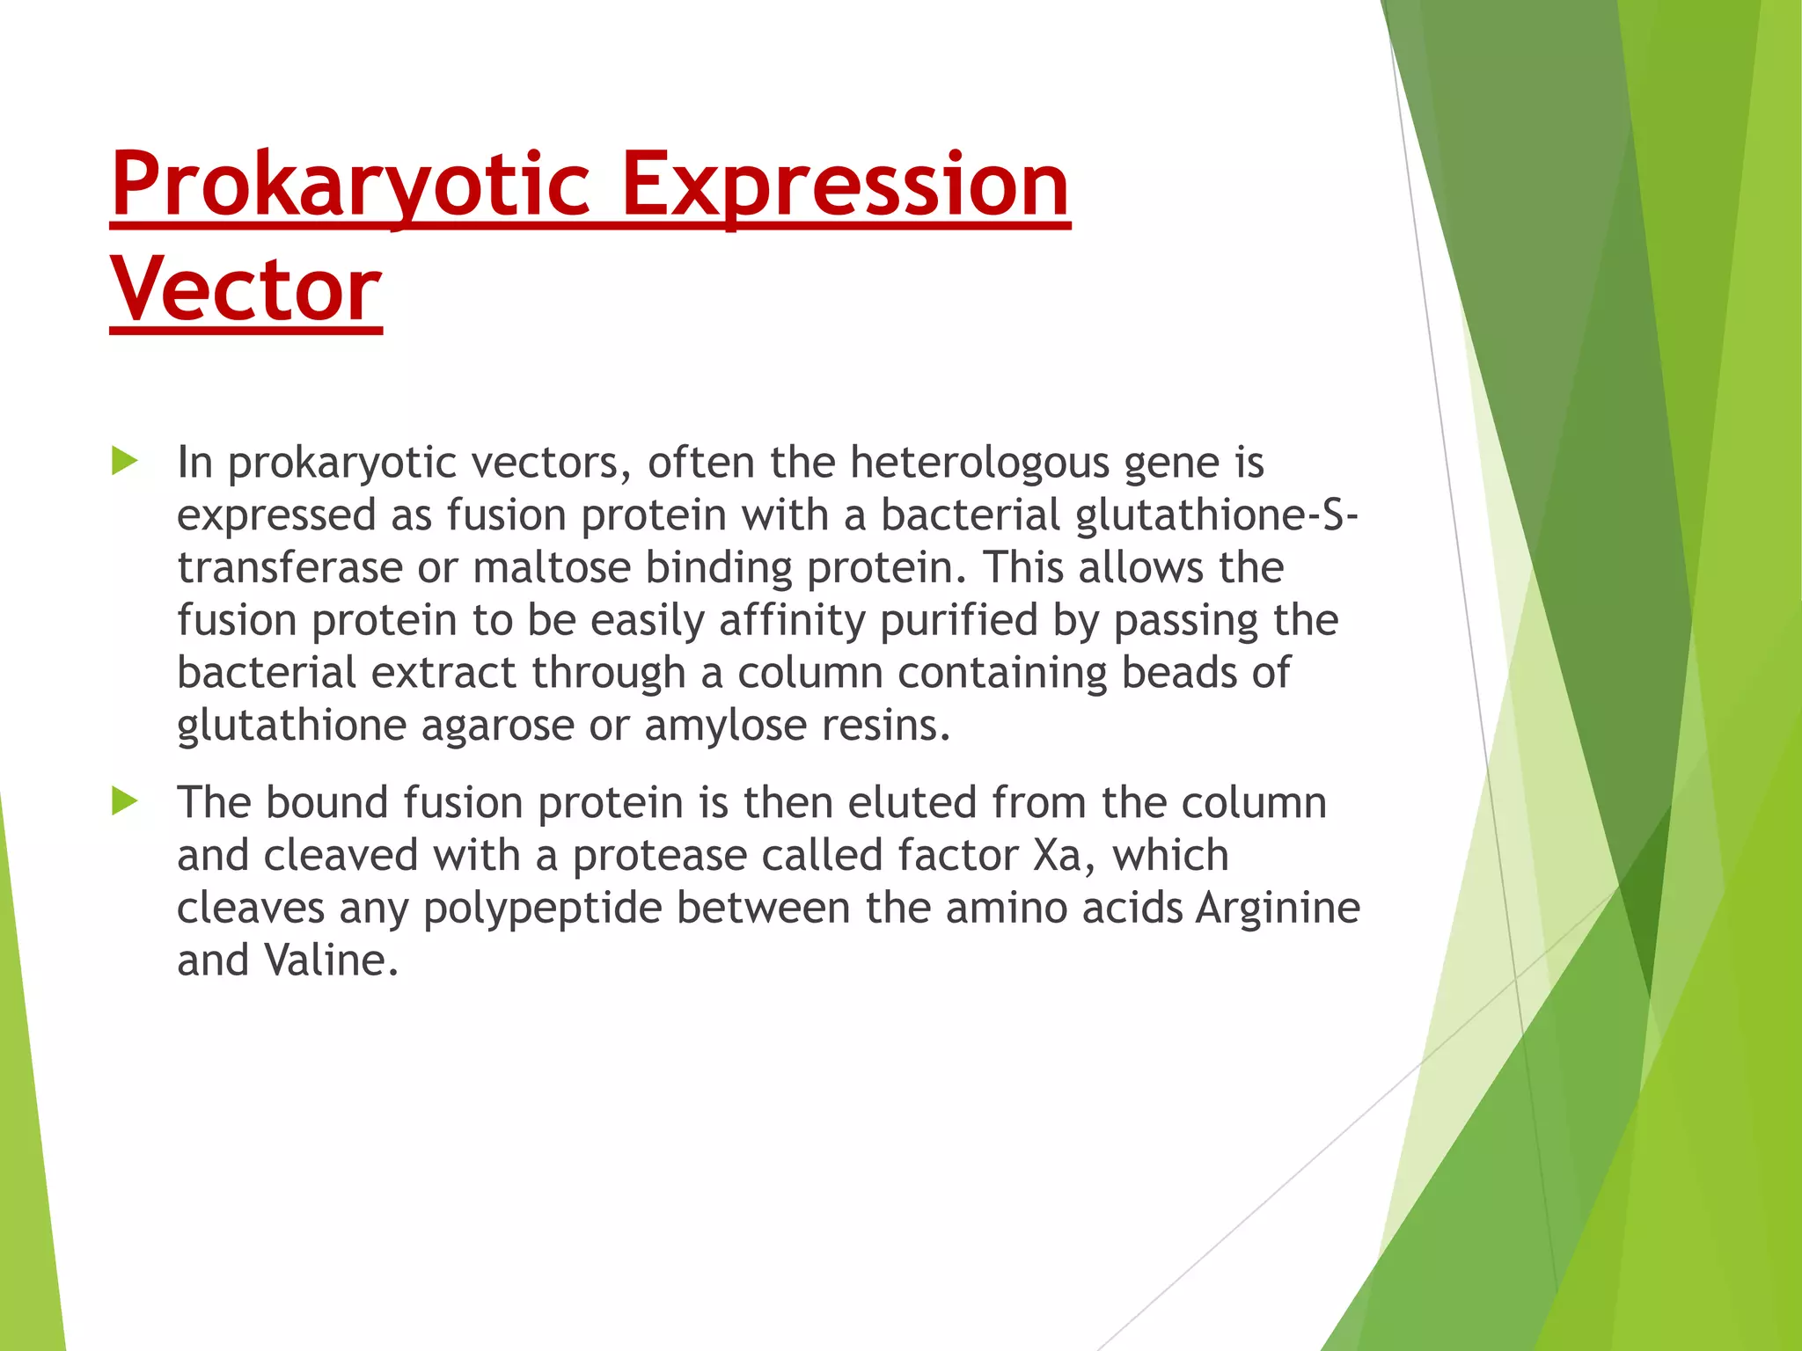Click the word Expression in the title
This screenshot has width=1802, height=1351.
[x=845, y=185]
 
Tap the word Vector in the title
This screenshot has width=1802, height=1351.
[x=245, y=290]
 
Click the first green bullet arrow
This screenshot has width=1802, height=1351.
[x=125, y=461]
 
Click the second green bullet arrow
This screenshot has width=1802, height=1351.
[x=125, y=801]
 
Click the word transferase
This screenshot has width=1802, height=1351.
[x=289, y=567]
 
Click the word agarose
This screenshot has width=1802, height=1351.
[x=497, y=726]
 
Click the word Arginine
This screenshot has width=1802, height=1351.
[x=1277, y=908]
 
